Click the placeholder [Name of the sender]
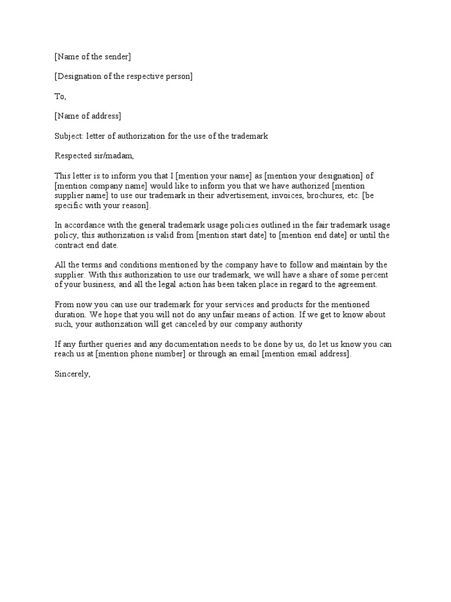point(93,56)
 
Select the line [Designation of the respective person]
point(123,76)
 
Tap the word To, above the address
point(60,96)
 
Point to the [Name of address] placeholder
point(87,116)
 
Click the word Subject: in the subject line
point(69,136)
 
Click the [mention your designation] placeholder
point(310,176)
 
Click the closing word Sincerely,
point(72,374)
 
